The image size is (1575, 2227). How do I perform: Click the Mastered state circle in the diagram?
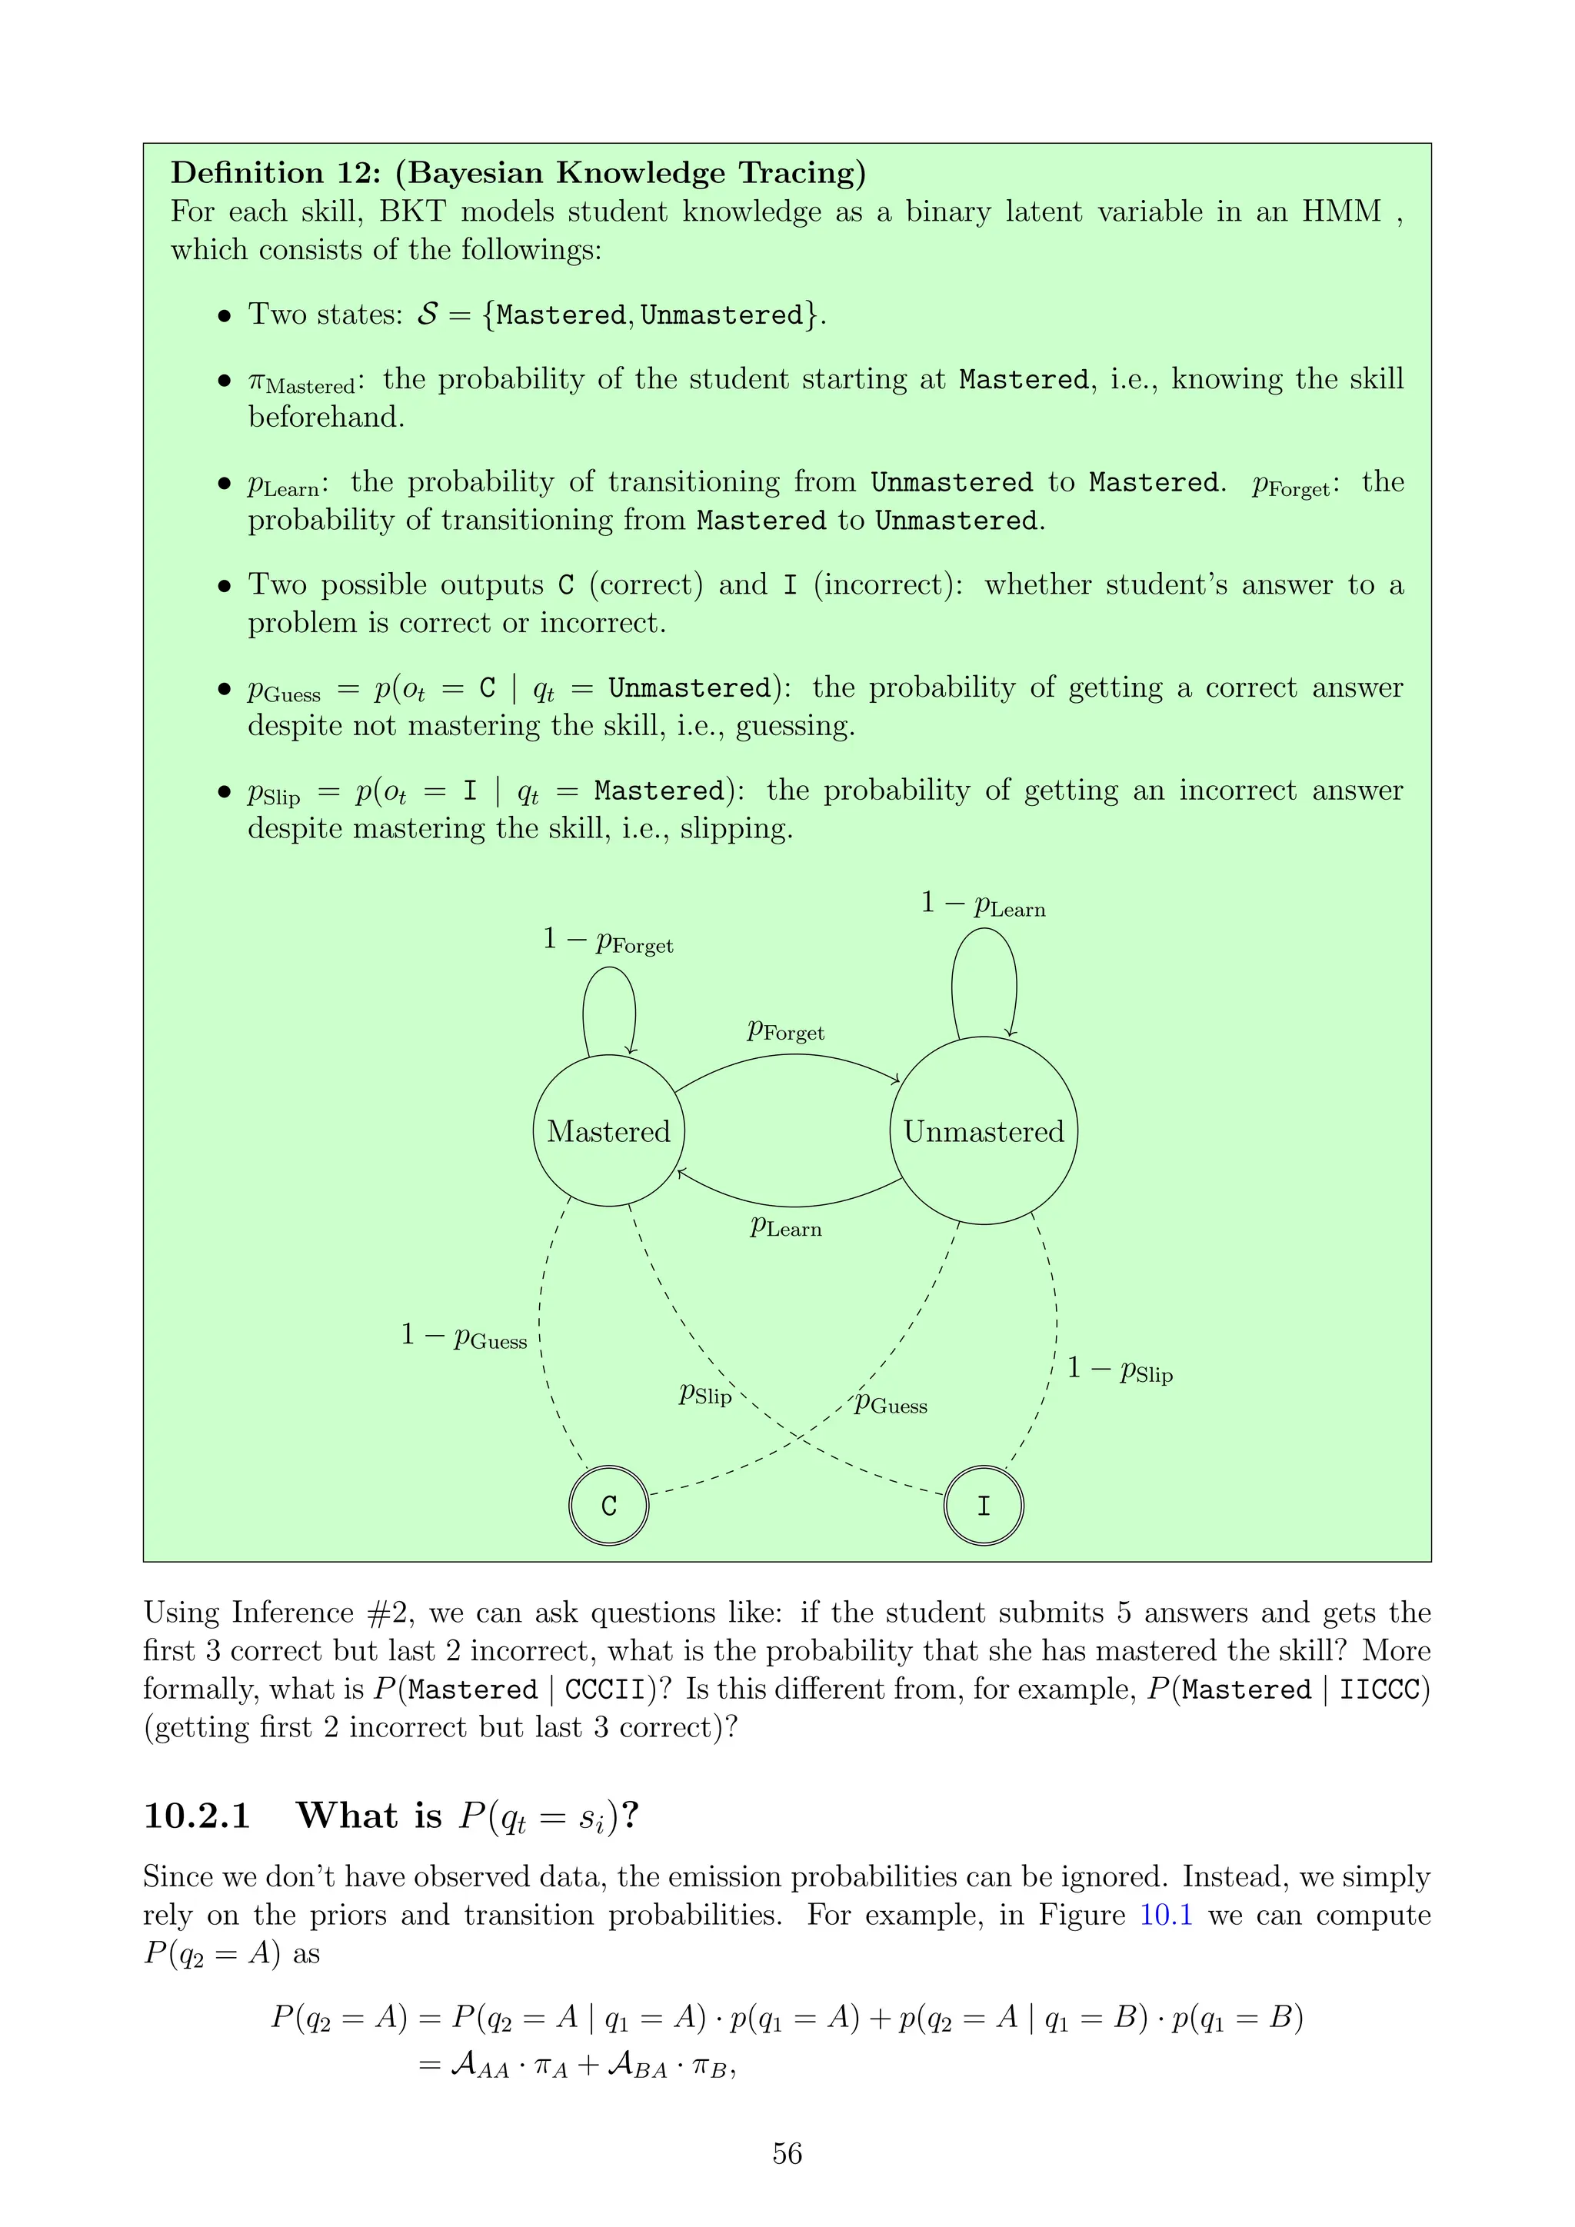pyautogui.click(x=608, y=1131)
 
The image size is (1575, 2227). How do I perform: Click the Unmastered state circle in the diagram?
pyautogui.click(x=984, y=1131)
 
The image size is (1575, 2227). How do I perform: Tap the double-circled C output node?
pyautogui.click(x=608, y=1506)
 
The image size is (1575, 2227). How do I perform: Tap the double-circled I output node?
pyautogui.click(x=984, y=1506)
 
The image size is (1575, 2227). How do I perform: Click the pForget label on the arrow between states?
pyautogui.click(x=785, y=1030)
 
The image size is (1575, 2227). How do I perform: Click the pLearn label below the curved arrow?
pyautogui.click(x=785, y=1227)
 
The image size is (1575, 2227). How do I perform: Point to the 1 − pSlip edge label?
pyautogui.click(x=1120, y=1369)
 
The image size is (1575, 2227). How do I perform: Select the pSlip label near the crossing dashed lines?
pyautogui.click(x=705, y=1394)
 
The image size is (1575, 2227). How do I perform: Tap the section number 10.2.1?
pyautogui.click(x=197, y=1816)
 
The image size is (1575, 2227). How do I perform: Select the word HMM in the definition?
pyautogui.click(x=1340, y=211)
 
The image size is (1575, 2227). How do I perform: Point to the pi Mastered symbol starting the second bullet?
pyautogui.click(x=301, y=382)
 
